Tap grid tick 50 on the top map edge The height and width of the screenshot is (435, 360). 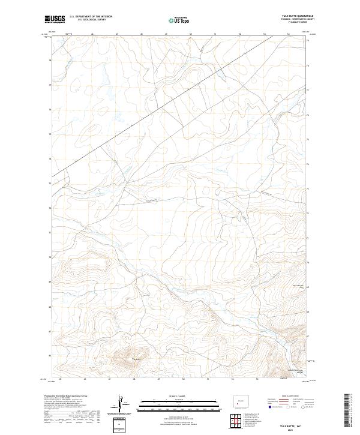click(191, 34)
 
